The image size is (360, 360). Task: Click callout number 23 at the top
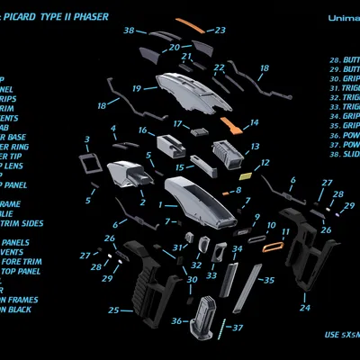pyautogui.click(x=220, y=31)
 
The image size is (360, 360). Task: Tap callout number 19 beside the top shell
pyautogui.click(x=137, y=89)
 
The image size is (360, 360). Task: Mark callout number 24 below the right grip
pyautogui.click(x=305, y=307)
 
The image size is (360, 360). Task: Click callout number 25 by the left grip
pyautogui.click(x=114, y=310)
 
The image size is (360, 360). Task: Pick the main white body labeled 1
pyautogui.click(x=195, y=202)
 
